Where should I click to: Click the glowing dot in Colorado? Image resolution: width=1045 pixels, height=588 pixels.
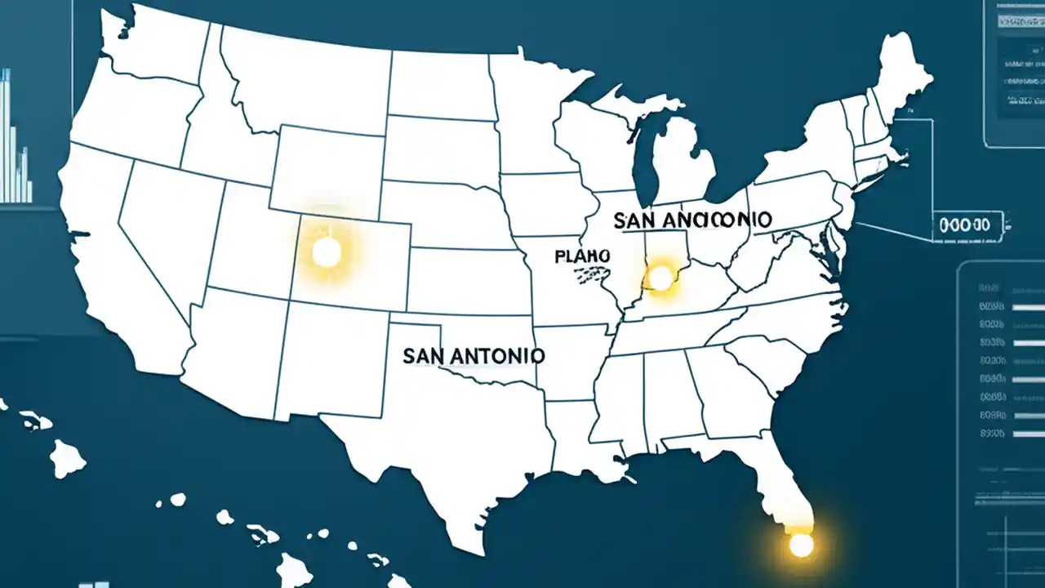pos(327,252)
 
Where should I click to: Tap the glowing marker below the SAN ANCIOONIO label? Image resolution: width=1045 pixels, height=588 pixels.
pos(660,279)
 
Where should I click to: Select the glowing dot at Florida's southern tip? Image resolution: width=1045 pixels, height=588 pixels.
pos(801,545)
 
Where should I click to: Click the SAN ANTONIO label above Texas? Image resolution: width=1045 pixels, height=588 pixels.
pos(474,356)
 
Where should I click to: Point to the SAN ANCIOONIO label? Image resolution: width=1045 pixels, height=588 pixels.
pos(691,220)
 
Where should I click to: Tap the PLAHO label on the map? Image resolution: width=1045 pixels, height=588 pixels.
pos(582,256)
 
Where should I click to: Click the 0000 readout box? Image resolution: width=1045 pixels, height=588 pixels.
pos(968,225)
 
